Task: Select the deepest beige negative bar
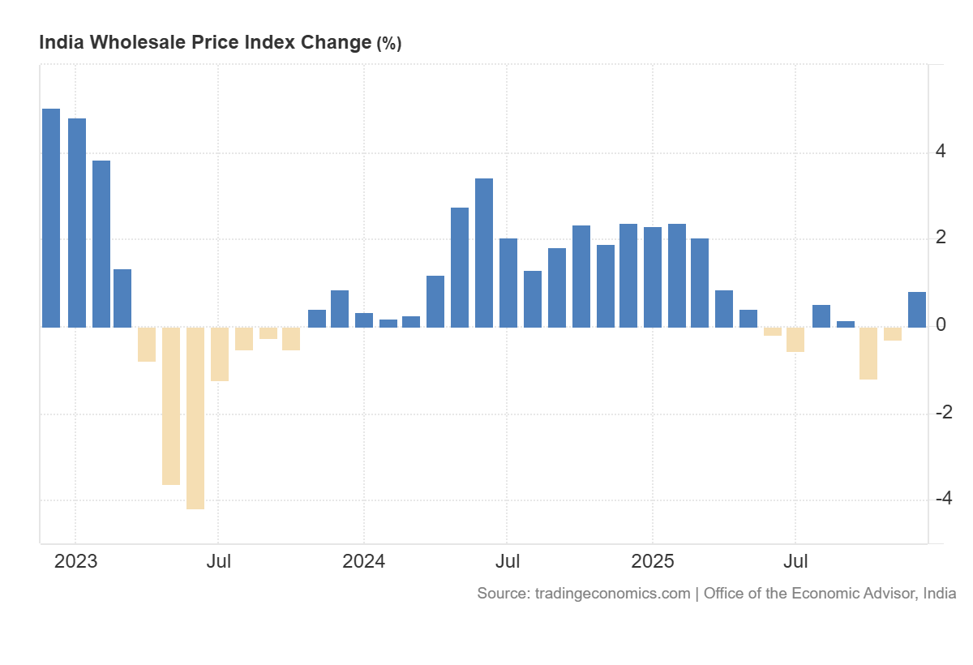coord(195,418)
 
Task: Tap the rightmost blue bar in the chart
coord(917,310)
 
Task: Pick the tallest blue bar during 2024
coord(484,252)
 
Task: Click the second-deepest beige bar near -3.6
coord(171,405)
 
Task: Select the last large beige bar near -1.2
coord(868,353)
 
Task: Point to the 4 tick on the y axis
coord(941,152)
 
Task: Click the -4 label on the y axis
coord(943,499)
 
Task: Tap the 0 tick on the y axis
coord(941,325)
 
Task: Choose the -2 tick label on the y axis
coord(943,412)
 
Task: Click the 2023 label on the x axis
coord(75,561)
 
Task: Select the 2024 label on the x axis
coord(363,561)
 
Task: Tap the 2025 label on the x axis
coord(653,561)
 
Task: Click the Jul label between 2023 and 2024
coord(218,561)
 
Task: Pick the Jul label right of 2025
coord(795,561)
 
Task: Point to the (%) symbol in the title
coord(388,44)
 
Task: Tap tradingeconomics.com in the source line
coord(613,594)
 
